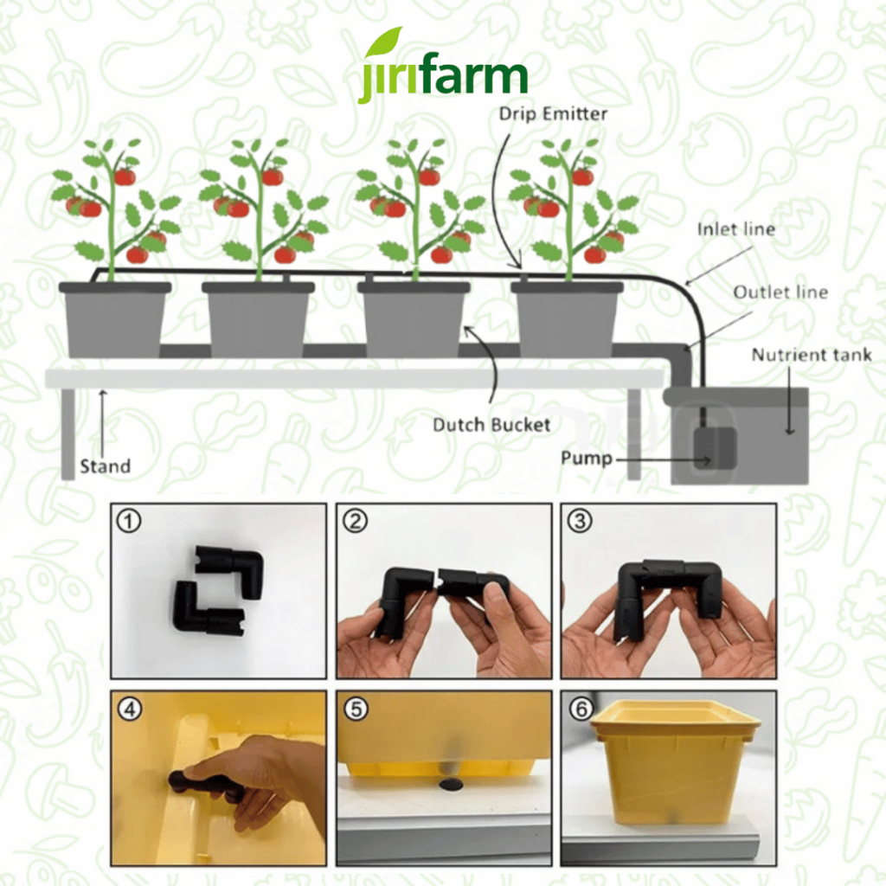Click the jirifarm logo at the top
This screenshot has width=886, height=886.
pos(442,66)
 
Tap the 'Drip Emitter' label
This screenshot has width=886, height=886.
pos(553,113)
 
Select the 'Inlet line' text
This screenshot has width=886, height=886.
pos(735,228)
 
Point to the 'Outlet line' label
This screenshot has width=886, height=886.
pos(780,292)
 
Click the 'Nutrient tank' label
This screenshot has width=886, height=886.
pos(812,355)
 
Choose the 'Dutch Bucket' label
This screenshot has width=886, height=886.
pos(491,425)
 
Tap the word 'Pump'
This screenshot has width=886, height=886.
pos(587,459)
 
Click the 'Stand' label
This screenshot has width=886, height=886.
pos(105,466)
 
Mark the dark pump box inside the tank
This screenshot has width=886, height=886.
pos(715,449)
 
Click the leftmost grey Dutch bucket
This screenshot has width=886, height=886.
pos(115,319)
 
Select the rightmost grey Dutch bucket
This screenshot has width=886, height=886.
pos(567,319)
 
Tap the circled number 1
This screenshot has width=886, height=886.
pos(129,521)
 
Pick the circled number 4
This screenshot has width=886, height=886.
pos(130,709)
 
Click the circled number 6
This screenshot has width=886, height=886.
pos(581,709)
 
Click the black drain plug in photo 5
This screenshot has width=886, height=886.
pos(450,784)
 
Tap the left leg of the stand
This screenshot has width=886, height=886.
pos(67,434)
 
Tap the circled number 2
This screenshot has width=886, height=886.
pos(356,521)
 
